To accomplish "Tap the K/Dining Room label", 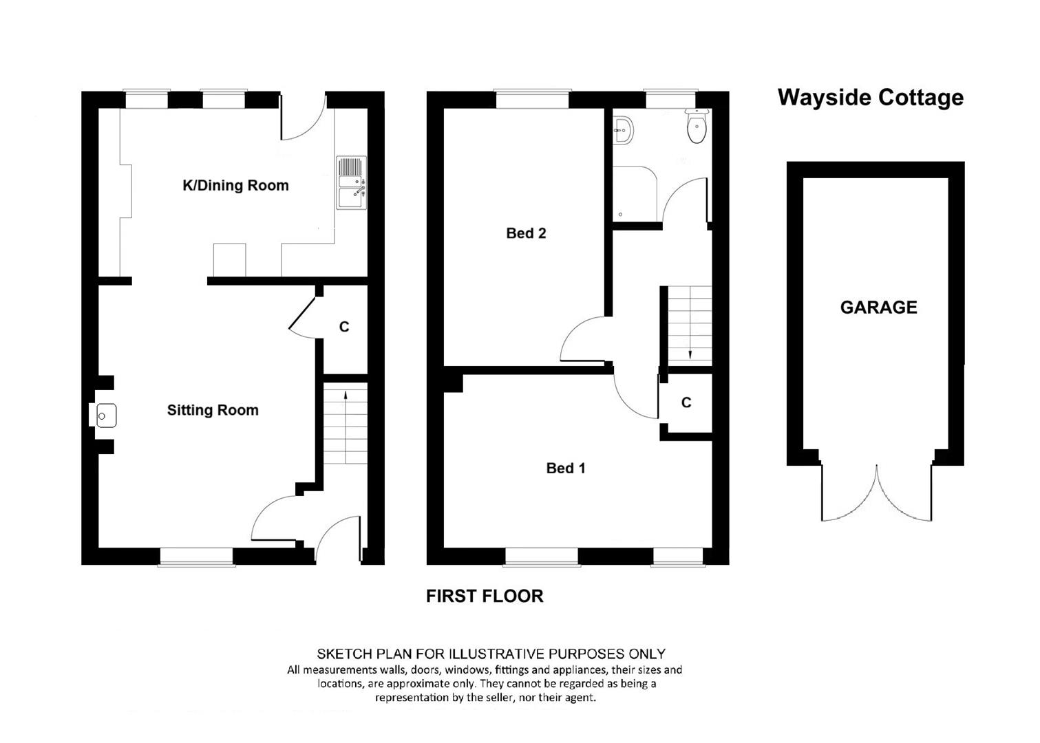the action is tap(235, 186).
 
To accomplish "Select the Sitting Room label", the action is tap(213, 410).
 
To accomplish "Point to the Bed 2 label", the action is tap(526, 233).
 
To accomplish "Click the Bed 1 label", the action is tap(566, 469).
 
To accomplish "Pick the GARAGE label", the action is tap(878, 308).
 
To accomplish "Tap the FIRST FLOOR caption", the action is tap(485, 596).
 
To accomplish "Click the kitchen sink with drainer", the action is tap(352, 183).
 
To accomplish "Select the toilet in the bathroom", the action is tap(697, 126).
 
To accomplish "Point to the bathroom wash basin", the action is tap(623, 131).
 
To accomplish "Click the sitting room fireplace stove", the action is tap(106, 416).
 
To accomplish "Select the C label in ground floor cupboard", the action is tap(344, 327).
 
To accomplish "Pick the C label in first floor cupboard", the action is tap(686, 402).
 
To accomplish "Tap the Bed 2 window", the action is tap(532, 99).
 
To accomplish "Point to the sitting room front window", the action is tap(196, 557).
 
